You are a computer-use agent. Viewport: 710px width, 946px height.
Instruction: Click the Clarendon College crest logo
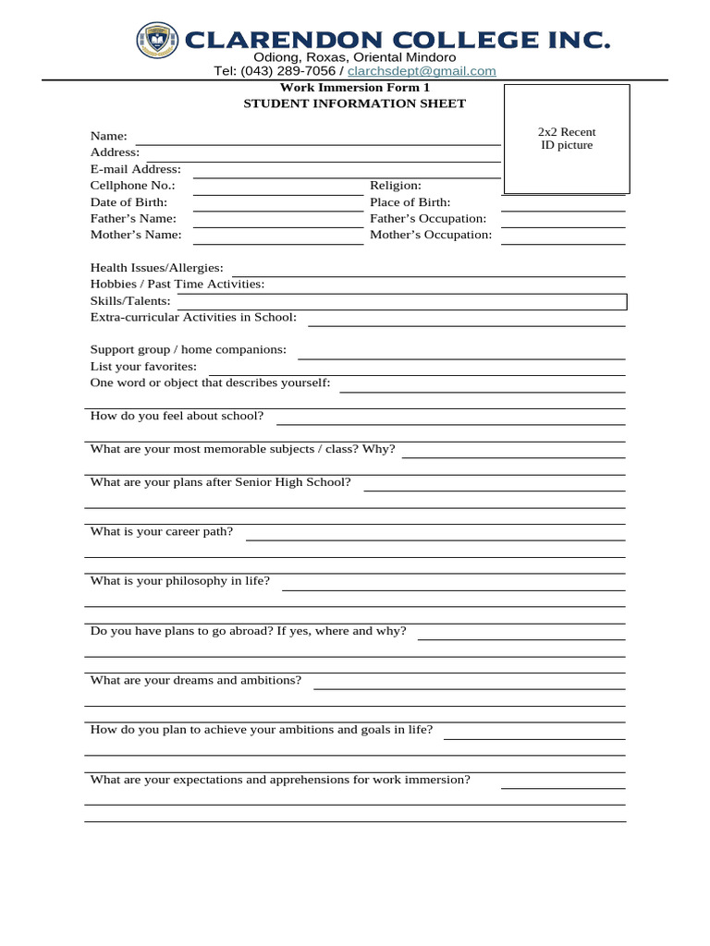(x=157, y=40)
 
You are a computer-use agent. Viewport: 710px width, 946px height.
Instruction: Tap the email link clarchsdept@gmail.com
(x=422, y=71)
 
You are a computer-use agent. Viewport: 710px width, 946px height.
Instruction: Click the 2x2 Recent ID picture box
(x=566, y=139)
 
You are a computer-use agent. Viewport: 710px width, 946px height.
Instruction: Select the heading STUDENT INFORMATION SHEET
(x=354, y=103)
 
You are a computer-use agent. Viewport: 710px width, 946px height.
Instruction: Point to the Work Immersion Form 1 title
(x=354, y=88)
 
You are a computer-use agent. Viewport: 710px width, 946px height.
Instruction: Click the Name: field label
(x=108, y=136)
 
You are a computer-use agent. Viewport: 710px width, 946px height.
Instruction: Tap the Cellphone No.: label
(x=132, y=186)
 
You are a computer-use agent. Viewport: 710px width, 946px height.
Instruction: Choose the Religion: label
(x=396, y=186)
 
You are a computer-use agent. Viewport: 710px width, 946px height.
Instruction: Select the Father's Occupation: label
(x=428, y=219)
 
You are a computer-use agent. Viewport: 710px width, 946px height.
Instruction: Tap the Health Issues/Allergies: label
(x=156, y=268)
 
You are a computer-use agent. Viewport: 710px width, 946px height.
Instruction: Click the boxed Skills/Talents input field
(x=400, y=302)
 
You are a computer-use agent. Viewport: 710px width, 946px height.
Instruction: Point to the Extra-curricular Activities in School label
(x=193, y=318)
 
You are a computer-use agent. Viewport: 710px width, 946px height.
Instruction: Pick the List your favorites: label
(x=143, y=367)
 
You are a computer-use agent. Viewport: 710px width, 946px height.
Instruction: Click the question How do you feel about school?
(x=177, y=417)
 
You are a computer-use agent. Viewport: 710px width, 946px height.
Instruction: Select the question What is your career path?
(x=161, y=532)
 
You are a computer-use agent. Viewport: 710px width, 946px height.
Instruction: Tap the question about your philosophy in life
(x=179, y=581)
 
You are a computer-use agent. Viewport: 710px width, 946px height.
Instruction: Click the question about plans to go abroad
(x=248, y=631)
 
